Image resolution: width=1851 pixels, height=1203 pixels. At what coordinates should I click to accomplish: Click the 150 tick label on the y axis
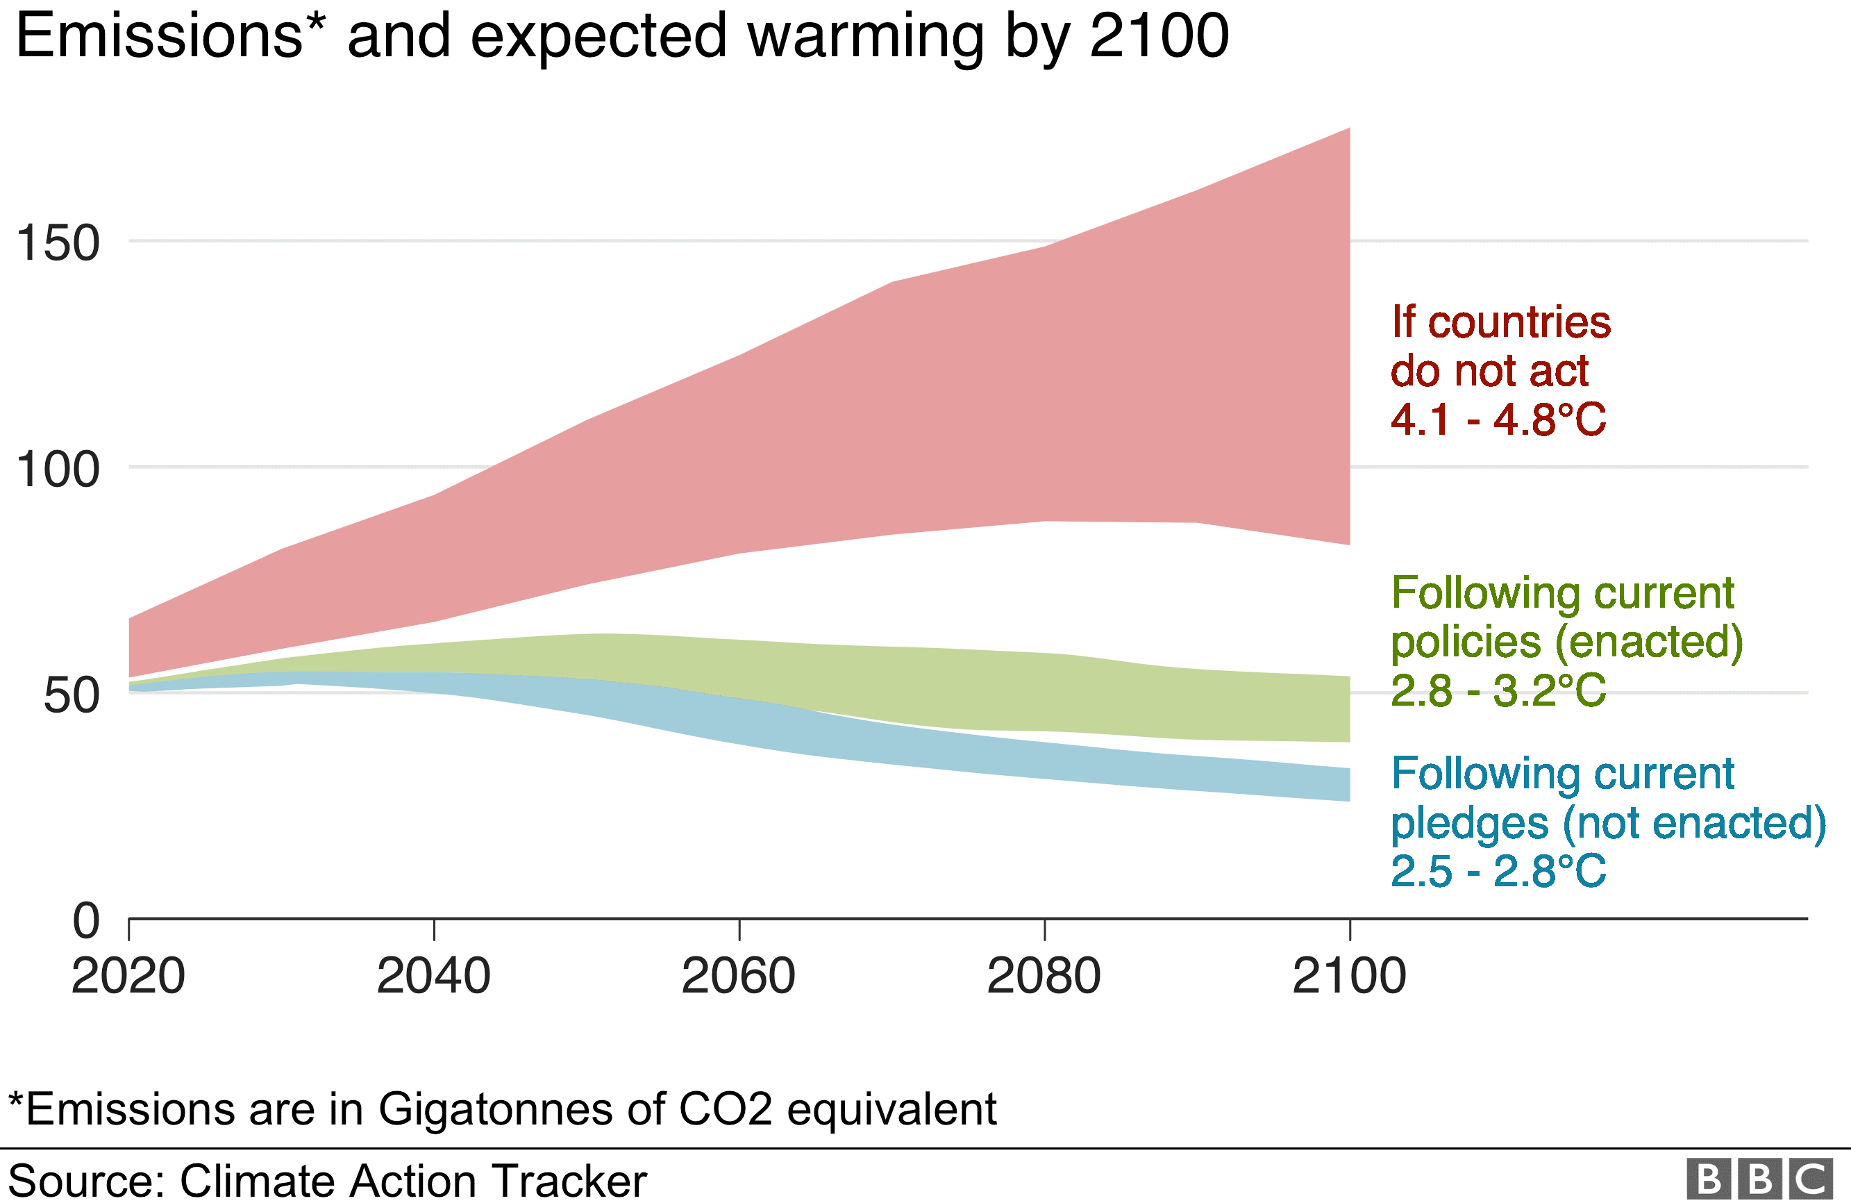[58, 243]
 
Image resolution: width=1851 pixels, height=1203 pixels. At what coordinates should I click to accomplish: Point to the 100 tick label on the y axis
[58, 470]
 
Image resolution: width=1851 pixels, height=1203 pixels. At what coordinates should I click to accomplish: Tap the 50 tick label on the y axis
[72, 695]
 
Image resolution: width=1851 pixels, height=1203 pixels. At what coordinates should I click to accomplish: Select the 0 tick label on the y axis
[86, 920]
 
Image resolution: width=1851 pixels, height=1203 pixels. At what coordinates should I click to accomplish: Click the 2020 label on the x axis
[128, 976]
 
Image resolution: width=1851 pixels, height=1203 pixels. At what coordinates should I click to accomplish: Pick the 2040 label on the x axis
[433, 976]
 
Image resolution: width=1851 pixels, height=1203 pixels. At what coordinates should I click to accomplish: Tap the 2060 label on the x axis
[738, 976]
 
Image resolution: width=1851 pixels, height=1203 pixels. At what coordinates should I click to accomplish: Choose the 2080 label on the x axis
[1044, 976]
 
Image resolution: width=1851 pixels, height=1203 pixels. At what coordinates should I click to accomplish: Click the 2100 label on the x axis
[1349, 976]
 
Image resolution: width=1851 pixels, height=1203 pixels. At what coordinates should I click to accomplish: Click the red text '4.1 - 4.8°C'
[1498, 420]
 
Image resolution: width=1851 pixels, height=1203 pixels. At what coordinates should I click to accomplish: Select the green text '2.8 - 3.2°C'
[1498, 690]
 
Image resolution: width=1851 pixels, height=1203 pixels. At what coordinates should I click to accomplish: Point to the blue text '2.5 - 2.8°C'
[1498, 871]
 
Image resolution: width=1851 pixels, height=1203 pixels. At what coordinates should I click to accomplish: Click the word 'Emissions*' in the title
[170, 36]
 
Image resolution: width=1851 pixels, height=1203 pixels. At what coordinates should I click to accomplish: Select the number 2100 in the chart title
[1159, 36]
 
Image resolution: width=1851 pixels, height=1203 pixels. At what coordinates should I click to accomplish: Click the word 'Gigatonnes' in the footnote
[494, 1109]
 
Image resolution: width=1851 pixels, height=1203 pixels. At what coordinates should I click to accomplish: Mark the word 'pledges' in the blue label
[1469, 823]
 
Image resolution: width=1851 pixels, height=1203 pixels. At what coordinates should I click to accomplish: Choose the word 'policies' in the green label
[1465, 642]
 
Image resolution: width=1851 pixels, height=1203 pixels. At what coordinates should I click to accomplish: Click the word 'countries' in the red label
[1520, 322]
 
